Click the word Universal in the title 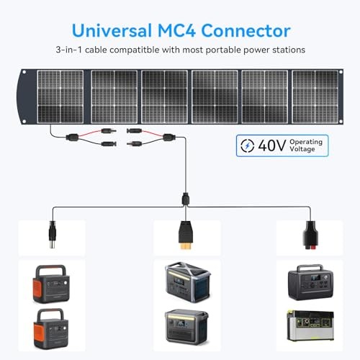(x=112, y=30)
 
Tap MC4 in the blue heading (x=176, y=30)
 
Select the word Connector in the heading (x=246, y=30)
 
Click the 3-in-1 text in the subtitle (x=69, y=50)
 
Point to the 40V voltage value (x=272, y=145)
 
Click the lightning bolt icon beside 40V (x=247, y=145)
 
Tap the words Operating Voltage (x=306, y=145)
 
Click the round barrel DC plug (x=53, y=235)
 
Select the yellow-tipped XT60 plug (x=186, y=235)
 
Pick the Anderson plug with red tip (x=311, y=235)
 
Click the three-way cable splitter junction (x=186, y=199)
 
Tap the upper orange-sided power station (x=51, y=284)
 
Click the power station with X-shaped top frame (x=187, y=282)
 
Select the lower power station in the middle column (x=186, y=326)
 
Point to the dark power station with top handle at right (x=311, y=282)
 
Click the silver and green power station (x=310, y=325)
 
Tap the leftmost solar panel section (x=60, y=96)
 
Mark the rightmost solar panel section (x=315, y=96)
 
